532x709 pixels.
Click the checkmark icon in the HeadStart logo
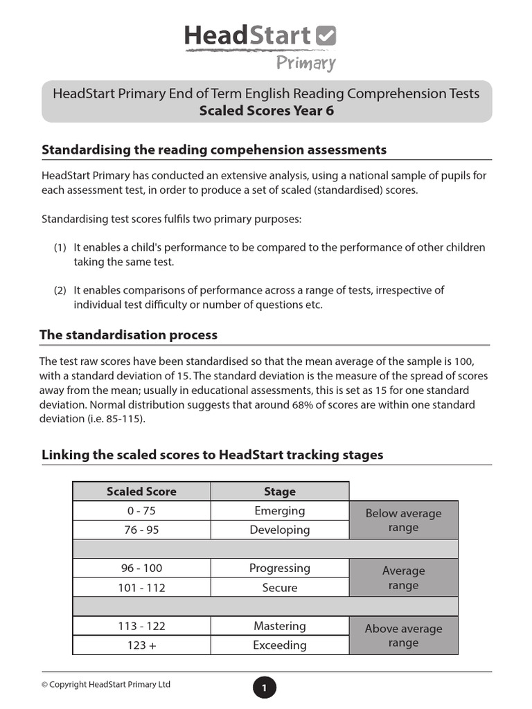[x=326, y=36]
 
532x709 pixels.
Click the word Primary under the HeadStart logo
[x=305, y=64]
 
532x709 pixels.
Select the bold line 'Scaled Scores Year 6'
[x=266, y=111]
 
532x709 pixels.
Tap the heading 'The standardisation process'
[x=129, y=335]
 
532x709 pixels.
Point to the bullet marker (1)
[x=60, y=248]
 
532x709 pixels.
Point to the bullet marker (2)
[x=60, y=291]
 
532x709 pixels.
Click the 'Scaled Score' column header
[x=141, y=492]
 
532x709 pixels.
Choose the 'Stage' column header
[x=280, y=492]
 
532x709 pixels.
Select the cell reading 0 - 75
[x=141, y=511]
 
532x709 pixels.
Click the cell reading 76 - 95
[x=141, y=530]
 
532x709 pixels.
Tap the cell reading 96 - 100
[x=141, y=568]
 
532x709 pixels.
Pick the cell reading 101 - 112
[x=141, y=588]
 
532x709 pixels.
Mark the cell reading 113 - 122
[x=141, y=626]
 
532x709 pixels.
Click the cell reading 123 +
[x=141, y=645]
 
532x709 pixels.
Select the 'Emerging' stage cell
[x=280, y=511]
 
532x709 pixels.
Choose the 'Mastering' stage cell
[x=280, y=626]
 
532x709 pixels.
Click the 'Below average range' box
[x=403, y=521]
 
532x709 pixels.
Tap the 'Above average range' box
[x=403, y=636]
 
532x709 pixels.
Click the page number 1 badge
[x=264, y=688]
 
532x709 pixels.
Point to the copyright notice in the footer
[x=106, y=685]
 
